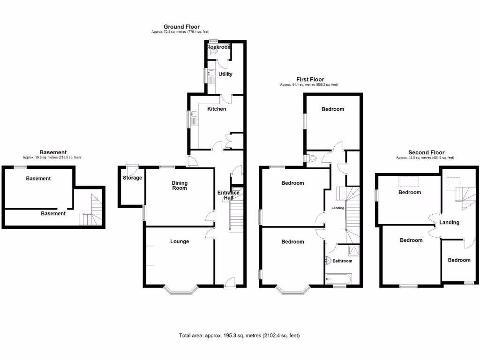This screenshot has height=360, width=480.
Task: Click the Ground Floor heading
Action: coord(181,27)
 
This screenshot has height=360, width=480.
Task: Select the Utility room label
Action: coord(225,74)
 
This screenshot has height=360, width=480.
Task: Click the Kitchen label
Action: coord(217,109)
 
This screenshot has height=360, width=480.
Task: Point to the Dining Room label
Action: coord(179,186)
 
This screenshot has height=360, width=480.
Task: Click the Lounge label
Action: coord(180,241)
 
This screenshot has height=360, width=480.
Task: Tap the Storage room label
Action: coord(132,178)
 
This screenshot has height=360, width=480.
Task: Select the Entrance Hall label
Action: coord(228,195)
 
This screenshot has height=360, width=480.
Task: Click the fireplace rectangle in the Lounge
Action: coord(150,255)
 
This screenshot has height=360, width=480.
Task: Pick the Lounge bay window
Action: coord(180,290)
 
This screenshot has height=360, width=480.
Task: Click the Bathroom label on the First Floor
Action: coord(342,261)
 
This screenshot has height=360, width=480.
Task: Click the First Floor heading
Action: coord(310,79)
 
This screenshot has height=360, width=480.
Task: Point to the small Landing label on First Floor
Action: coord(337,208)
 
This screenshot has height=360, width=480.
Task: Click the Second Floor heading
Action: coord(426,152)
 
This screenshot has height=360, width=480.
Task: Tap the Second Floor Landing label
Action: coord(449,222)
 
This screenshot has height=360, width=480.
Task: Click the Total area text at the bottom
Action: coord(239,336)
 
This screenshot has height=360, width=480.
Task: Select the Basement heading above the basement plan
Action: coord(53,152)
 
